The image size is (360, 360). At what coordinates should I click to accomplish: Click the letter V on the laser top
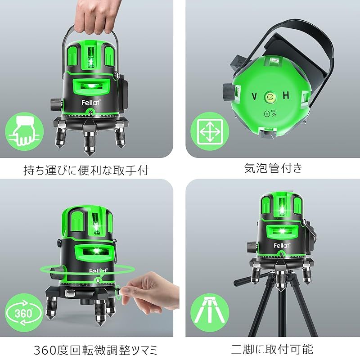click(254, 97)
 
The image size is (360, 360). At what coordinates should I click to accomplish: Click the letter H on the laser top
click(286, 95)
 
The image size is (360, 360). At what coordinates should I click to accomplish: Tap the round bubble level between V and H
click(270, 97)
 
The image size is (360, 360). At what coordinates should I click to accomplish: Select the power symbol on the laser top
click(267, 114)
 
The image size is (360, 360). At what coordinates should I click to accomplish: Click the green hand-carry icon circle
click(24, 131)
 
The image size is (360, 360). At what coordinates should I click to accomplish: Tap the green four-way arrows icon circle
click(210, 131)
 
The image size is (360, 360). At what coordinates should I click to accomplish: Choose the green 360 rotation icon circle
click(24, 313)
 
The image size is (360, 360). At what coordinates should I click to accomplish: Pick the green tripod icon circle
click(210, 313)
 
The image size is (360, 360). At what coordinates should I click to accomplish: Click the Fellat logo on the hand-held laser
click(91, 103)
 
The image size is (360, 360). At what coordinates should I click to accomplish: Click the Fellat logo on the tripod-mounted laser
click(282, 246)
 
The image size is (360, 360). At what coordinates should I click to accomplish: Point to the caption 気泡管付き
click(273, 168)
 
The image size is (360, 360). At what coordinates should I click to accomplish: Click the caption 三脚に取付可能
click(272, 350)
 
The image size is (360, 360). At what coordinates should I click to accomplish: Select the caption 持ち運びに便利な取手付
click(86, 170)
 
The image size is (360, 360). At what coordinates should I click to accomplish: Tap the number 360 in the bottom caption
click(45, 351)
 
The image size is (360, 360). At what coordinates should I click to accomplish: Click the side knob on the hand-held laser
click(56, 104)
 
